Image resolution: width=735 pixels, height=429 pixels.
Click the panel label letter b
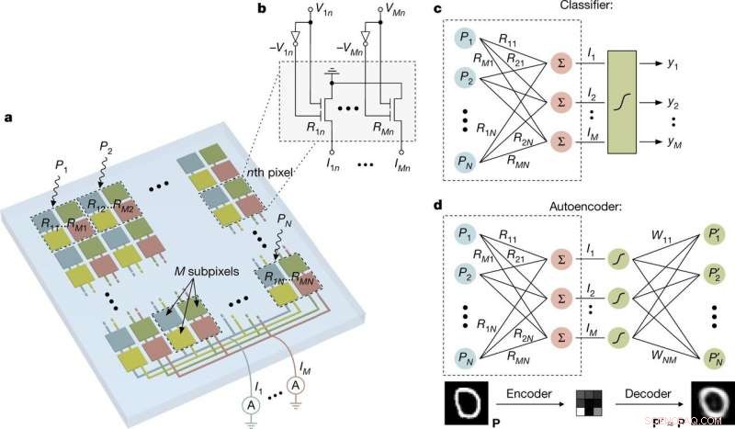click(236, 8)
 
